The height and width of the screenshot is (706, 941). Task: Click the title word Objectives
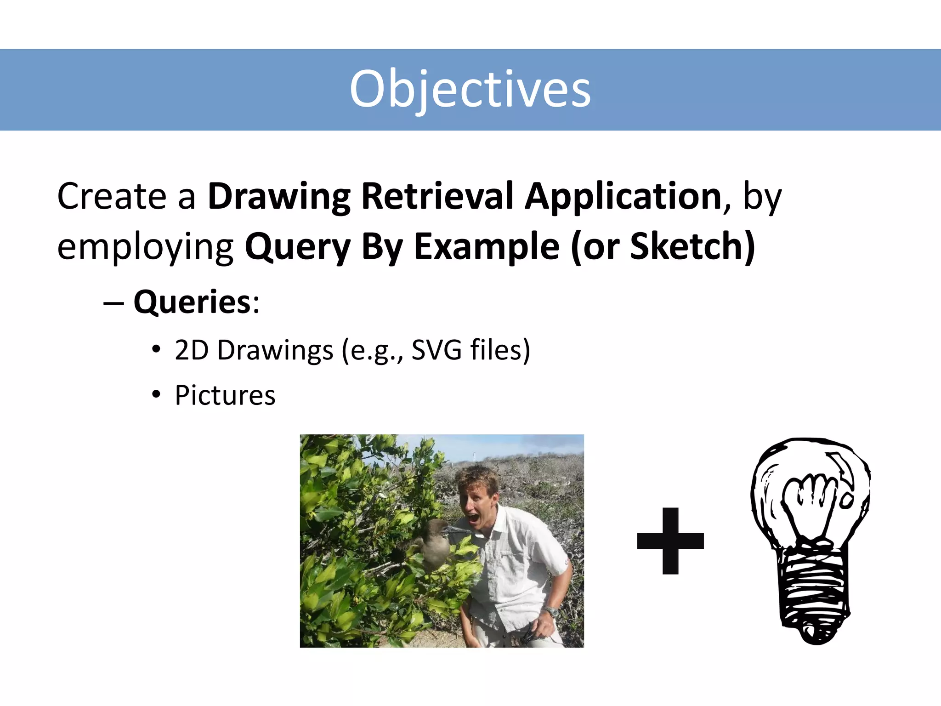(470, 89)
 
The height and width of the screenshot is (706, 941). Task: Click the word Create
(112, 196)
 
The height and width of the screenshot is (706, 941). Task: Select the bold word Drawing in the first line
(279, 196)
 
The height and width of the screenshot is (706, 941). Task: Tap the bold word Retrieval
(437, 196)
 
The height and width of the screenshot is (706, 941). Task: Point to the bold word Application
(623, 196)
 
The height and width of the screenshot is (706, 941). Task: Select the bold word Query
(298, 247)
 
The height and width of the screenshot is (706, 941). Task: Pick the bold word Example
(487, 247)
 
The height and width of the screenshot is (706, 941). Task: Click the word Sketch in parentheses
(688, 247)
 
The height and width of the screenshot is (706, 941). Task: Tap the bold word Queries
(192, 302)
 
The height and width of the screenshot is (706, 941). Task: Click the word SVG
(436, 350)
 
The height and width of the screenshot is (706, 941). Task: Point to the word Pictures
(225, 395)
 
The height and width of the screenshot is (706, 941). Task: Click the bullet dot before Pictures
(157, 394)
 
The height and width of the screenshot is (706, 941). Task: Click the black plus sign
(670, 541)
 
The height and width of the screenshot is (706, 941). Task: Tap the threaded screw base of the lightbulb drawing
(814, 593)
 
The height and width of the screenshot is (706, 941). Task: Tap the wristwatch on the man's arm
(551, 611)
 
